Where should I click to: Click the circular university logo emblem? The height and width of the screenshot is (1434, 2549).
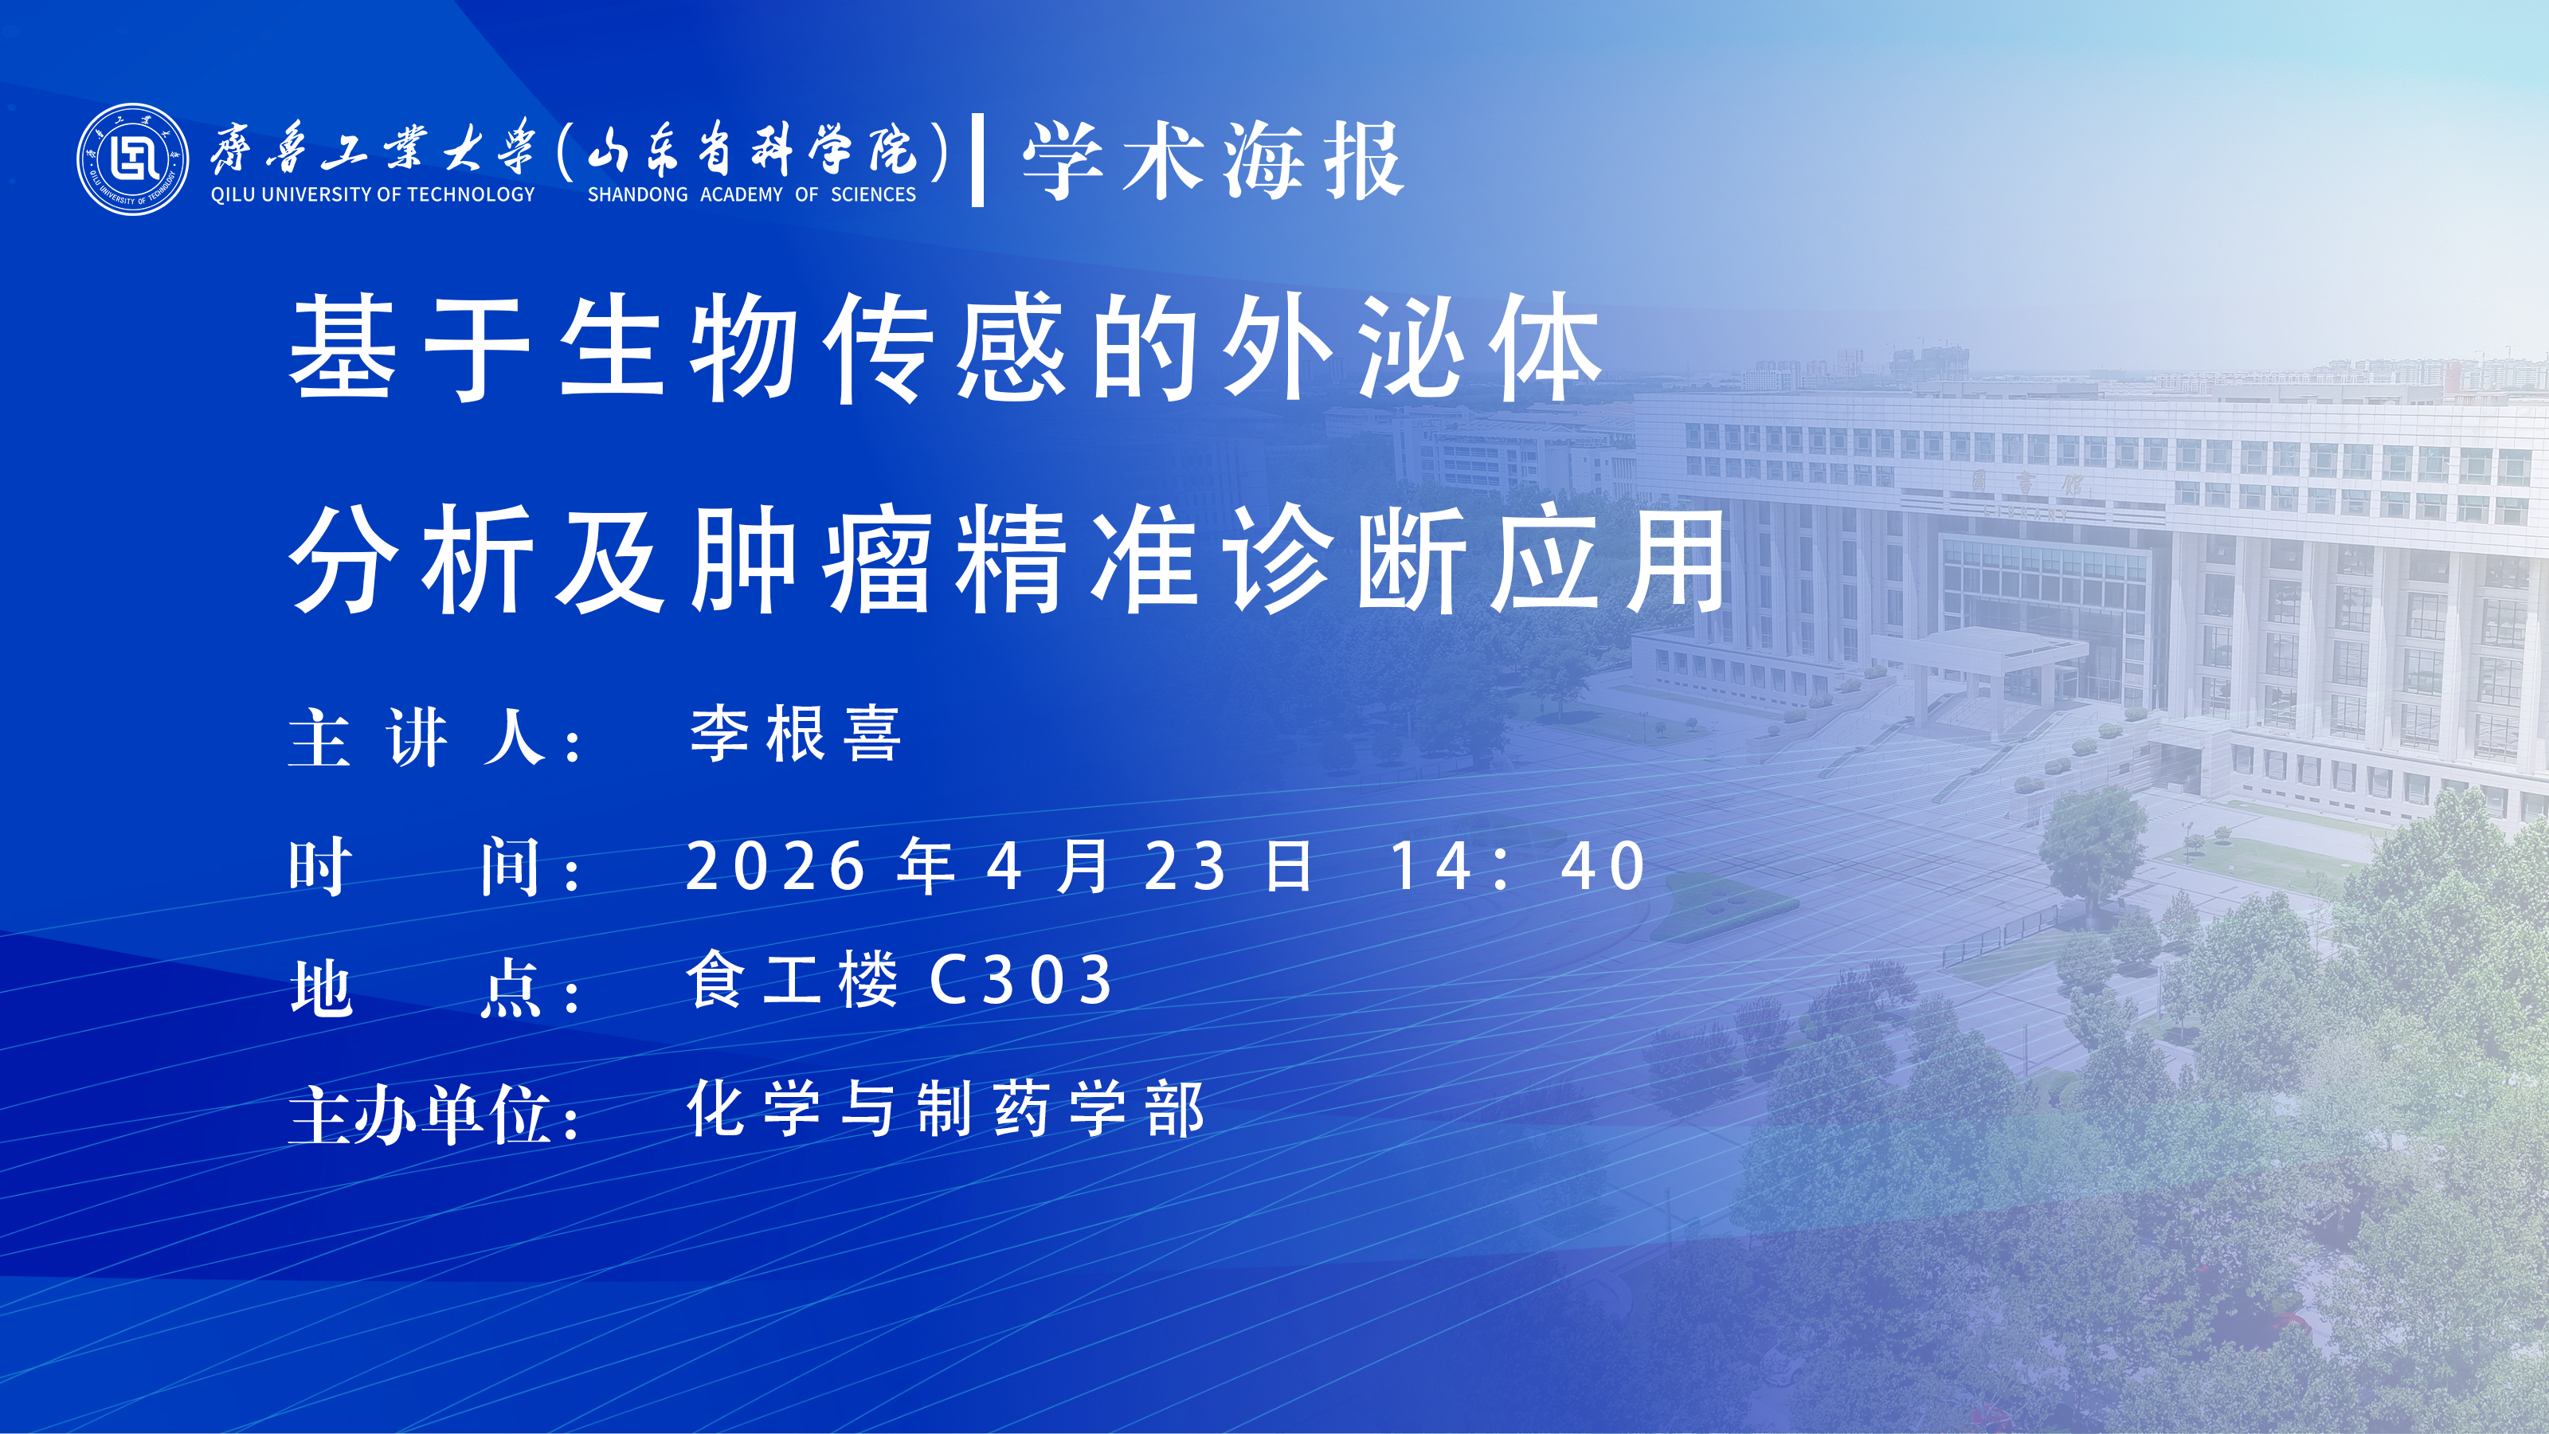point(132,159)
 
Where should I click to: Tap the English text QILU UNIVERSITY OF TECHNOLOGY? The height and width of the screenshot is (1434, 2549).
point(373,194)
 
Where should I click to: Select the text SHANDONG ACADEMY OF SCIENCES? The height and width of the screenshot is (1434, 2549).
point(752,194)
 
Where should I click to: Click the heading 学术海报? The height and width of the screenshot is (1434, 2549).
point(1213,160)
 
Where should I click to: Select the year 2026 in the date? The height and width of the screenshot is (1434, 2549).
point(776,866)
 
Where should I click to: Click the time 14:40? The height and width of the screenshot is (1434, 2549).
point(1519,866)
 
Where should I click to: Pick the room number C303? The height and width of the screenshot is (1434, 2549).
point(1021,980)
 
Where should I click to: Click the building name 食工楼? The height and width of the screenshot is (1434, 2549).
point(793,979)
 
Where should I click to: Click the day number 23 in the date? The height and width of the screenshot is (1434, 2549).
point(1185,866)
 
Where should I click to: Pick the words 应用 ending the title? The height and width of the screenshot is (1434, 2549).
point(1610,559)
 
